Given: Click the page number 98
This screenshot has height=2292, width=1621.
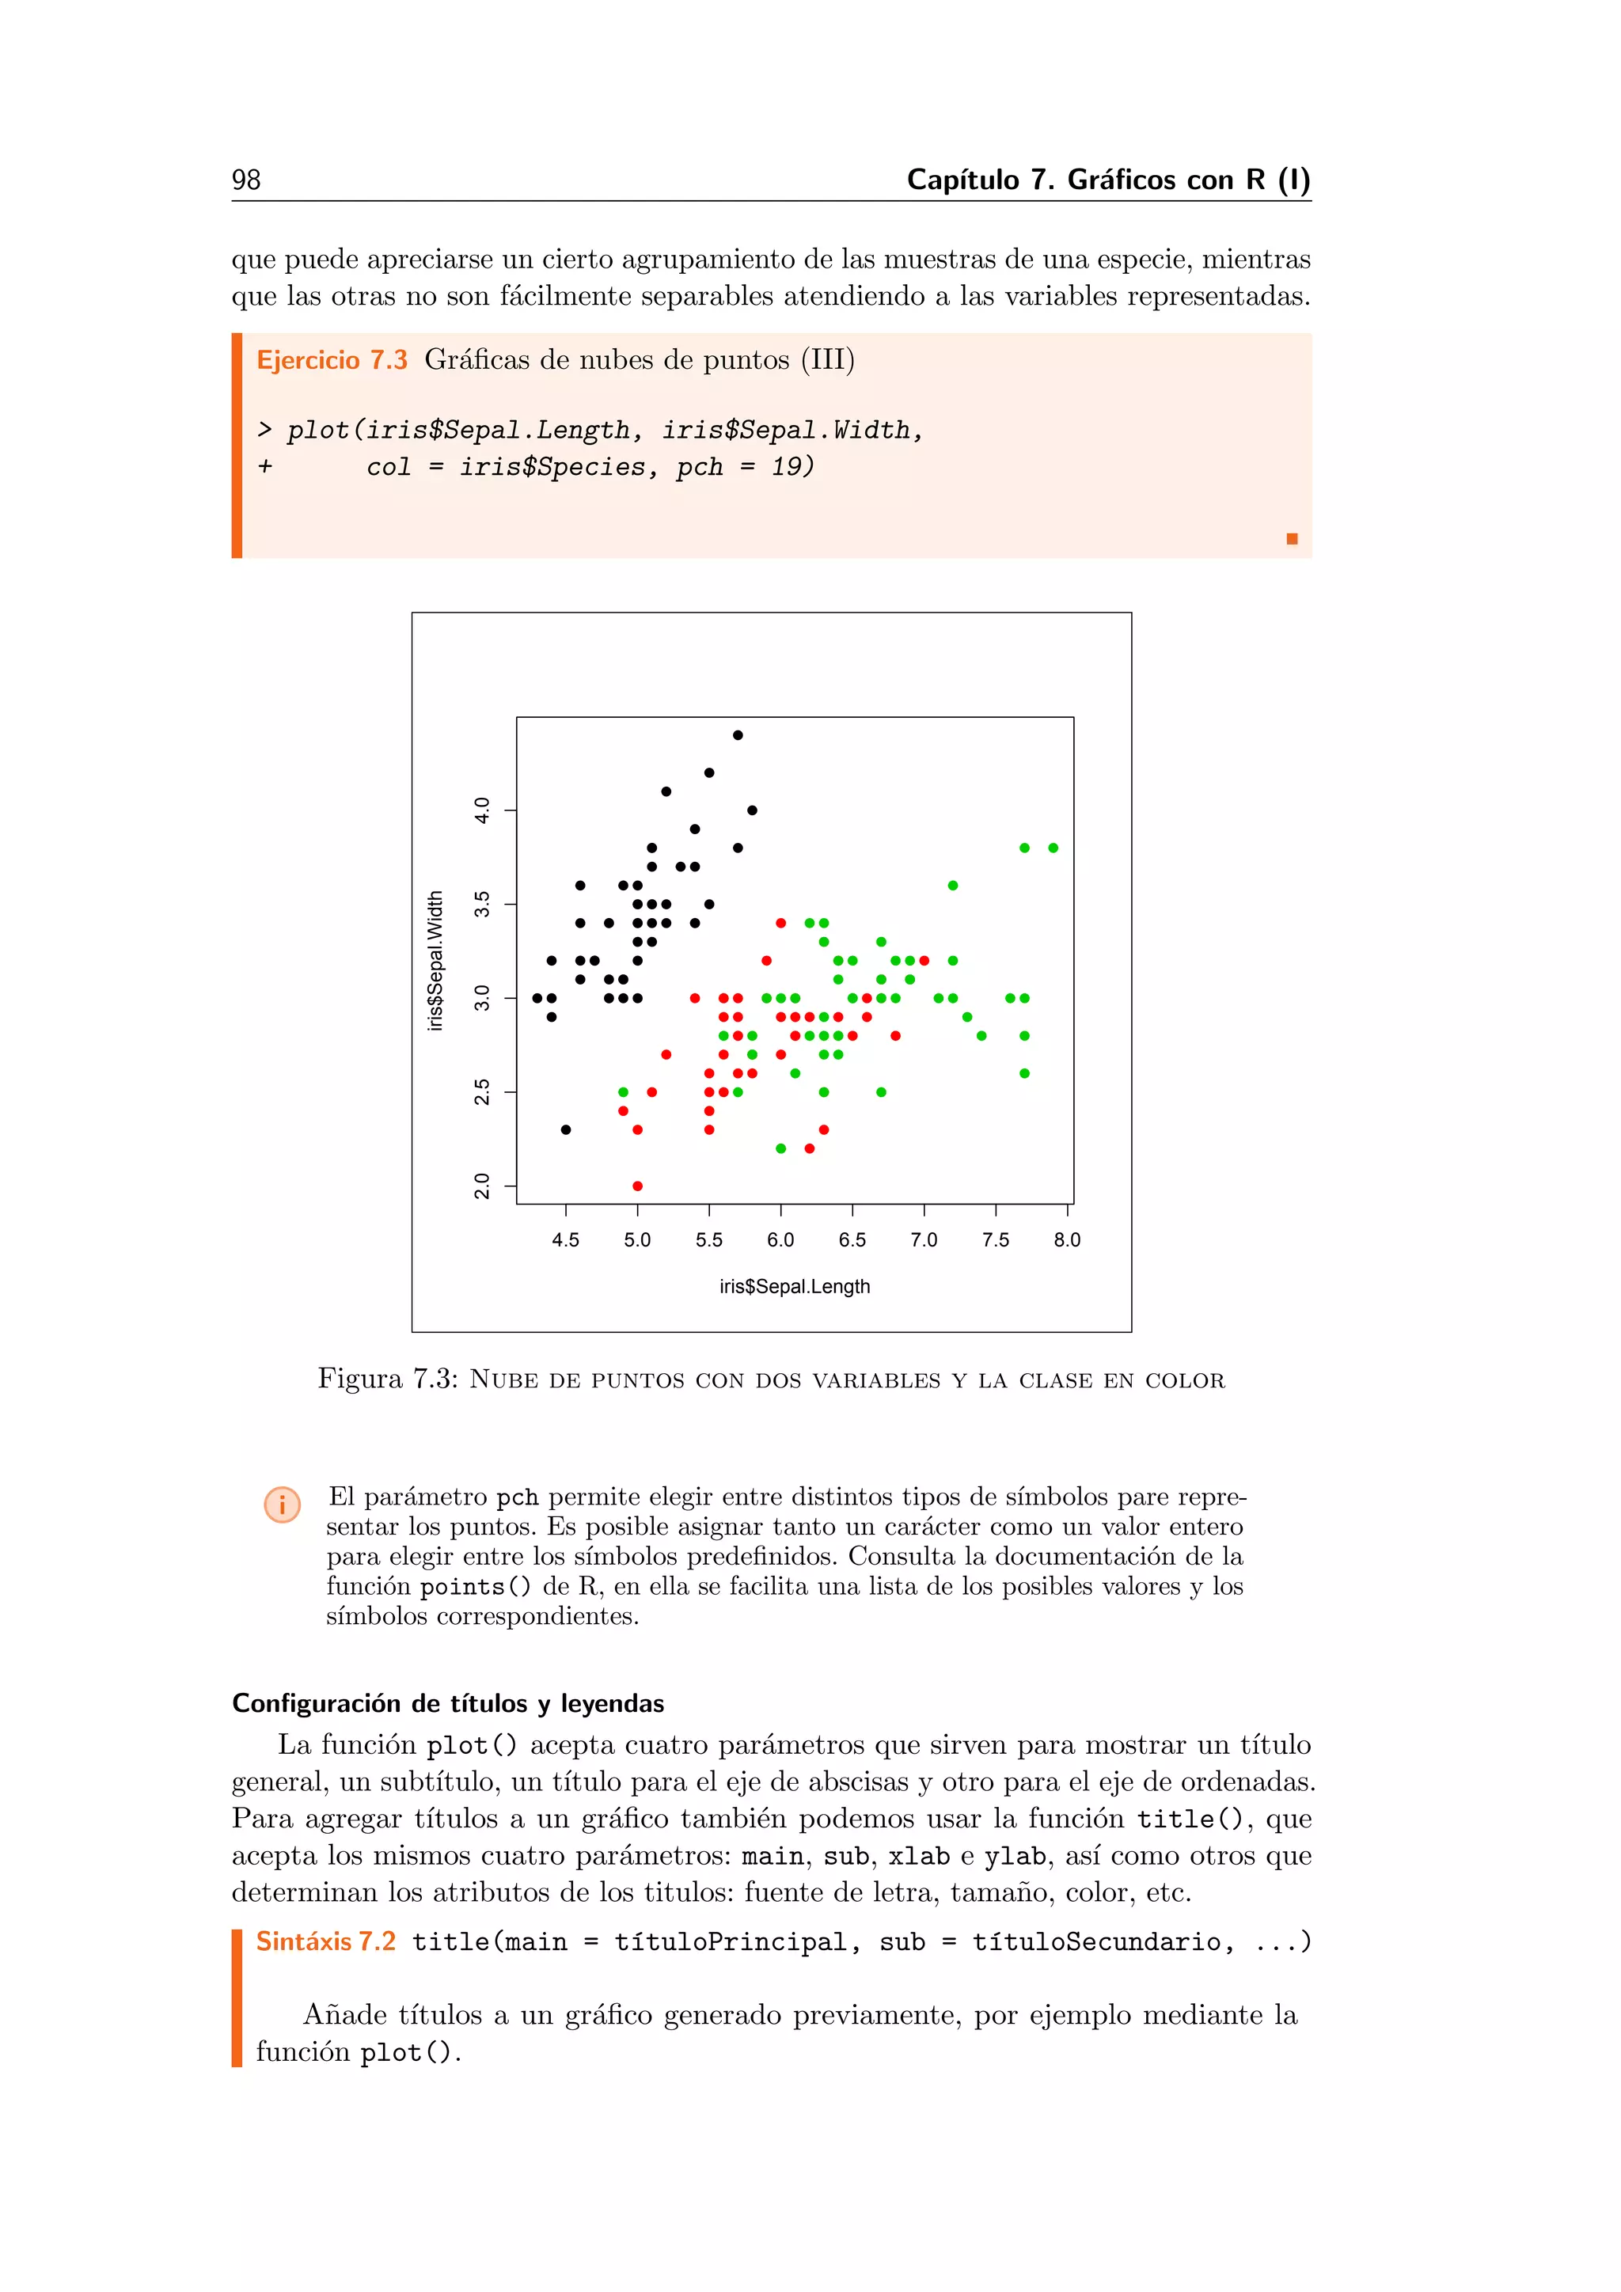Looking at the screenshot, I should pos(245,180).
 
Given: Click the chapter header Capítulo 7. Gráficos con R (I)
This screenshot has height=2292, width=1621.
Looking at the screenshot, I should pos(1108,180).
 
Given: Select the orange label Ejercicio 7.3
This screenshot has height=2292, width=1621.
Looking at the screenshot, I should pos(332,359).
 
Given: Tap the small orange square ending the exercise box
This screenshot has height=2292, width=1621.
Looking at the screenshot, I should pos(1292,539).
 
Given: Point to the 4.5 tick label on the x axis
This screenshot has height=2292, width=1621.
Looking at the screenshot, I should pos(565,1240).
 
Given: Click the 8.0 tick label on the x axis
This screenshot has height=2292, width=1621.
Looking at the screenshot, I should pos(1066,1240).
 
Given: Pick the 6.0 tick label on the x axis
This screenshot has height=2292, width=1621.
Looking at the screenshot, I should pos(780,1240).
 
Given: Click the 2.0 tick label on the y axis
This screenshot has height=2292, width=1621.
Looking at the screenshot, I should pos(482,1186).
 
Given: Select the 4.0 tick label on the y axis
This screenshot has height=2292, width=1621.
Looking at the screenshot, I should pos(482,810).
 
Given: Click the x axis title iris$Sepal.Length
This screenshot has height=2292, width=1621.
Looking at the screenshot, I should pos(795,1287).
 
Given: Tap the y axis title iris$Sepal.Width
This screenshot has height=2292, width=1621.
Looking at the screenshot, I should pos(435,960).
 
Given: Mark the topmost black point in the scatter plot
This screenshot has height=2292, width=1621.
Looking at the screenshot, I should pos(738,734).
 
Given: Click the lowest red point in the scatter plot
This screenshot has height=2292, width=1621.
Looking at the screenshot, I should pos(637,1186).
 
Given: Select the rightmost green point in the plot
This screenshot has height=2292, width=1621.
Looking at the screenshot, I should pos(1053,848).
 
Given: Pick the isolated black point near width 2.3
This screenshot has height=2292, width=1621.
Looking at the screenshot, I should pos(566,1130).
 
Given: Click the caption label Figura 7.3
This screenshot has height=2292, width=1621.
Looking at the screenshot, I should pos(387,1379).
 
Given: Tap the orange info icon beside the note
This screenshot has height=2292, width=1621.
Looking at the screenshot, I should pos(283,1505).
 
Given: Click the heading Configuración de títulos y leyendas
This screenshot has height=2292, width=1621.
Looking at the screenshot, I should pos(448,1703).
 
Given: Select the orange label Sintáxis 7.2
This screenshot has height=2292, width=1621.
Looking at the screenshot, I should pos(325,1941).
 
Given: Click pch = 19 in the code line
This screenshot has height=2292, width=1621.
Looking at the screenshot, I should pos(745,467).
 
